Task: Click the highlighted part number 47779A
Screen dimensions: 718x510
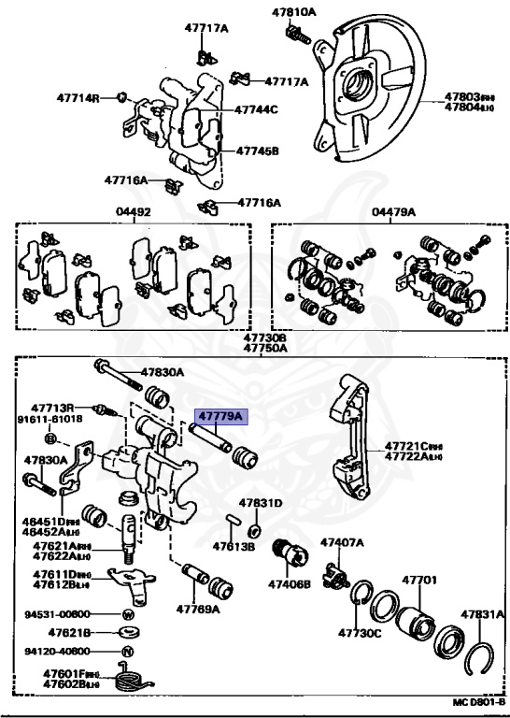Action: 219,415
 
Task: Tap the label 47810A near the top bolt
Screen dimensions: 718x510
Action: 294,12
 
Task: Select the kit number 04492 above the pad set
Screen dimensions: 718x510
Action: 133,212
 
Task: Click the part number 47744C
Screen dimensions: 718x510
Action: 257,109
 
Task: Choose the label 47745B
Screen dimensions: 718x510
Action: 257,150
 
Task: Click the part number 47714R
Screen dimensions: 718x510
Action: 77,96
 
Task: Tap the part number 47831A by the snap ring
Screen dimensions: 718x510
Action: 482,614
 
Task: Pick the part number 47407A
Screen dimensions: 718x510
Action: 343,541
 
